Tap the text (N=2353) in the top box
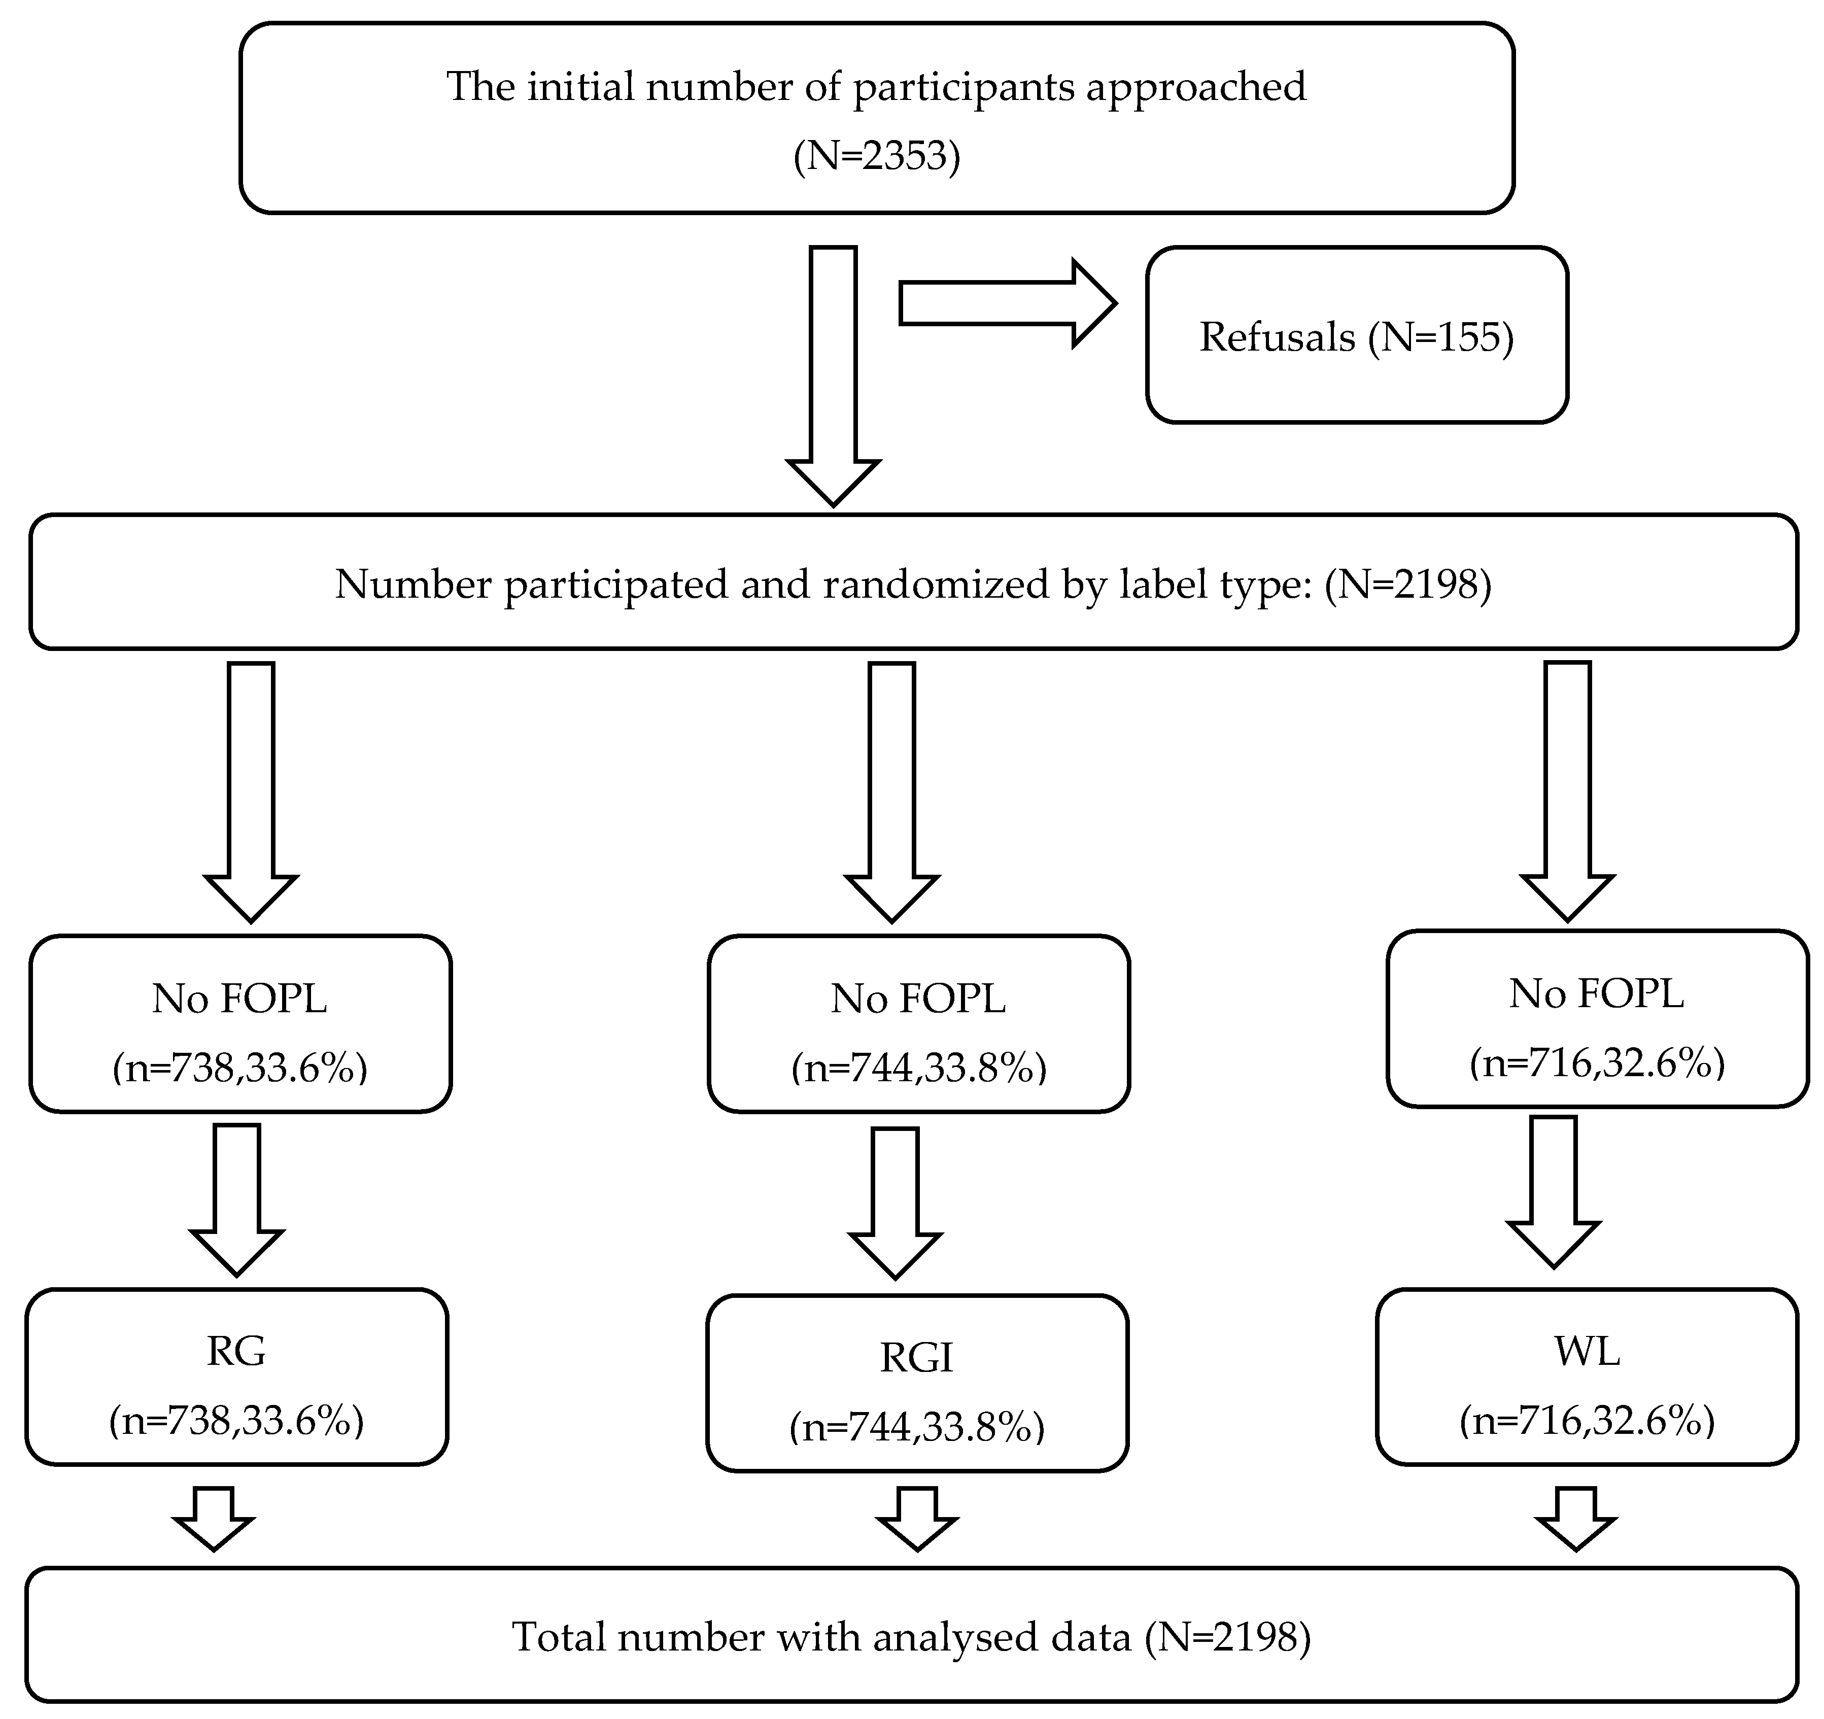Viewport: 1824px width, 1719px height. click(876, 156)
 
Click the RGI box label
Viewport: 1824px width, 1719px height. click(917, 1358)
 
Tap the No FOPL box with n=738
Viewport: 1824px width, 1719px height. click(240, 1023)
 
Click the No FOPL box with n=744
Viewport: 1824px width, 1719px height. click(918, 1023)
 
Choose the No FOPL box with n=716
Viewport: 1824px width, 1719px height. click(1597, 1018)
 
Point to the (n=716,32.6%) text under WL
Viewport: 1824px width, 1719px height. click(1587, 1420)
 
